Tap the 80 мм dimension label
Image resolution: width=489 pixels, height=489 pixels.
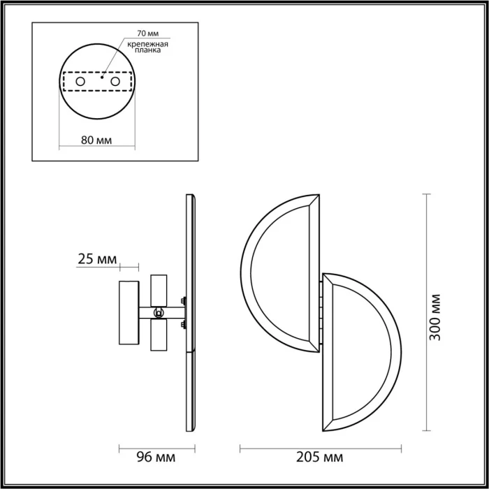coord(96,139)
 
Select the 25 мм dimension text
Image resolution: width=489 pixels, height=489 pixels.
coord(97,260)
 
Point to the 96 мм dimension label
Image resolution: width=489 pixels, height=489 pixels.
coord(155,458)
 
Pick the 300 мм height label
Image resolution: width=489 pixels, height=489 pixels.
coord(436,316)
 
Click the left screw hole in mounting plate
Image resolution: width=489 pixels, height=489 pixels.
coord(80,82)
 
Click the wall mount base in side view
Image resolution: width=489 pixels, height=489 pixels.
coord(129,313)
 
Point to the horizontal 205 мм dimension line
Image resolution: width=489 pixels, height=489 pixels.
coord(322,446)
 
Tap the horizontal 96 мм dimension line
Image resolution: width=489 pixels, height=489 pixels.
coord(155,446)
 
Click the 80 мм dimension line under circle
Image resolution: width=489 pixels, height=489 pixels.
coord(96,147)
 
